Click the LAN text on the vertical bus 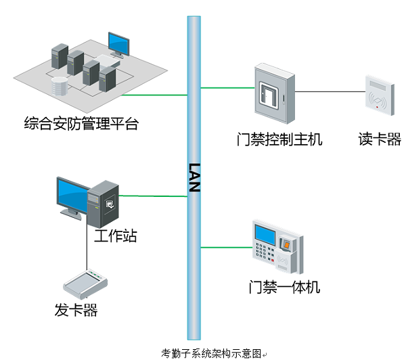point(194,177)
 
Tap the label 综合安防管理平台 point(81,125)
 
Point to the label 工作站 point(115,237)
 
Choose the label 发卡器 point(76,311)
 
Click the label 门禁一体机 point(284,287)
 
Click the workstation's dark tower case point(104,203)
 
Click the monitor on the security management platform point(118,44)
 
